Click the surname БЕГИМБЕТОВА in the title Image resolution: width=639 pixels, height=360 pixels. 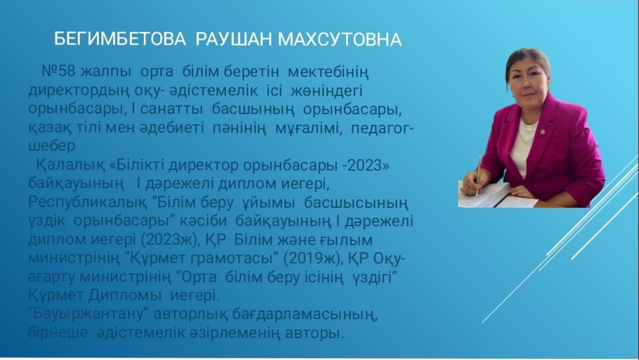(x=120, y=40)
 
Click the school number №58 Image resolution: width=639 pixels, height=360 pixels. (x=59, y=71)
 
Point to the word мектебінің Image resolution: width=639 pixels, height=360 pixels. (x=328, y=72)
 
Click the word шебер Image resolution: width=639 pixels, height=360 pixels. (x=51, y=146)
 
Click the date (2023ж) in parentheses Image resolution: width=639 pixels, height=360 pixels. (x=170, y=240)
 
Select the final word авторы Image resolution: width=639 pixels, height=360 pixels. (x=315, y=333)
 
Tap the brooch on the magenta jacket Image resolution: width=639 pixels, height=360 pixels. (x=543, y=131)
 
